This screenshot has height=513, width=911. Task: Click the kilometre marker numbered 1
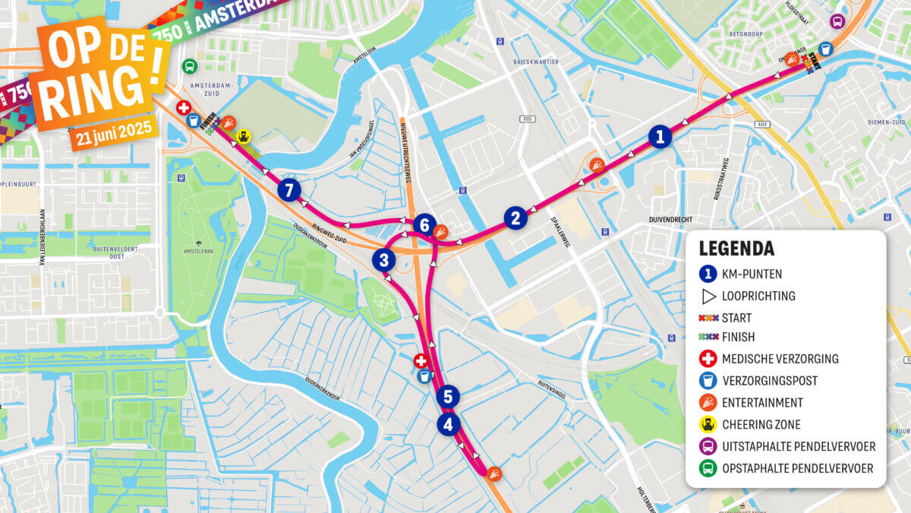[660, 137]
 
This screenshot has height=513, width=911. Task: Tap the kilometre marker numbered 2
[515, 219]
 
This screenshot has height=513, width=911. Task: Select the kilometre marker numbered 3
[384, 260]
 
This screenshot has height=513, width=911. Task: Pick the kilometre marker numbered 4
[448, 424]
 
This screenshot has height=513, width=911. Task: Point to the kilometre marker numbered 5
[448, 396]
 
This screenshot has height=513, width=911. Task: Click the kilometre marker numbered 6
[424, 225]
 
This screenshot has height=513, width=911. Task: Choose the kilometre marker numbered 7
[288, 190]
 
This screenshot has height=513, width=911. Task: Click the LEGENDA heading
[736, 249]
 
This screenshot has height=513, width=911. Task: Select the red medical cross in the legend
[708, 359]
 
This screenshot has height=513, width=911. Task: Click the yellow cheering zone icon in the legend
[708, 424]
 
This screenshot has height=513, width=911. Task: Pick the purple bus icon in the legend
[708, 446]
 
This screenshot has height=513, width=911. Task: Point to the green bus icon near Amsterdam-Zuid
[189, 66]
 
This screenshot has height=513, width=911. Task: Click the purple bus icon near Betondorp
[837, 21]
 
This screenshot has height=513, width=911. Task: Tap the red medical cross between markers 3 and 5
[420, 360]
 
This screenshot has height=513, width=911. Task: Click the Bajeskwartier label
[536, 61]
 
